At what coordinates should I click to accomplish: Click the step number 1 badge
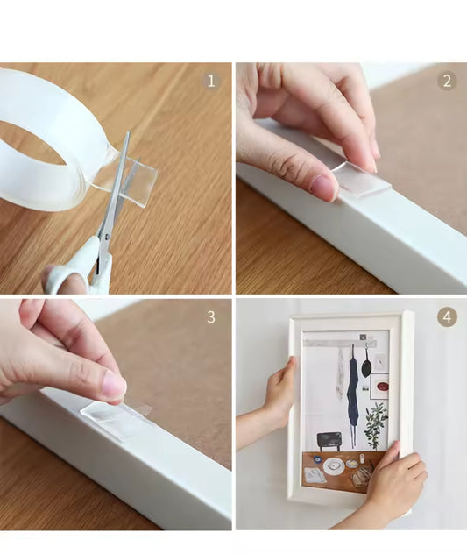[211, 81]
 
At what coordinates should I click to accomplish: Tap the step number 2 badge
[447, 81]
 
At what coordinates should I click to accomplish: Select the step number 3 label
[211, 317]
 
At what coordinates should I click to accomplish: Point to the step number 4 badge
[447, 317]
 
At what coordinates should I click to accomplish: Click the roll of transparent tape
[53, 141]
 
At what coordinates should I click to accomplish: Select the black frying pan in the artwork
[366, 367]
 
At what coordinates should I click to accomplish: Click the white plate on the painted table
[334, 466]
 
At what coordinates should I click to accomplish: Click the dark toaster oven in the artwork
[329, 441]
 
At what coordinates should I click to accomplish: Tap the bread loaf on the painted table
[361, 476]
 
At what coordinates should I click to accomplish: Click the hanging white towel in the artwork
[341, 371]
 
